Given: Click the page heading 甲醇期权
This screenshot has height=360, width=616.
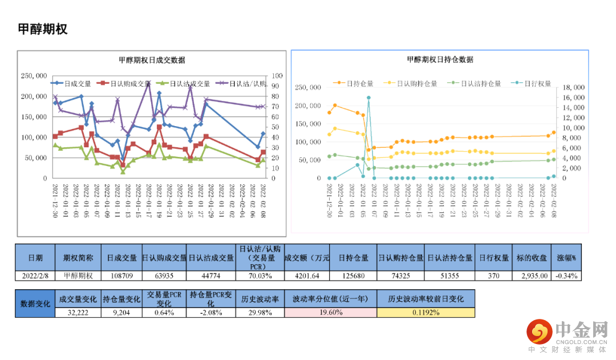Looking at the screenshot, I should [43, 30].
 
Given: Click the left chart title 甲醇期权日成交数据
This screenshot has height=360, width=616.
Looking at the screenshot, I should [152, 60].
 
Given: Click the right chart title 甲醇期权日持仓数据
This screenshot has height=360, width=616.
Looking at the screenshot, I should [440, 59].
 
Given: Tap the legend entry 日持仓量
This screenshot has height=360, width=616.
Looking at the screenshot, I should [354, 83].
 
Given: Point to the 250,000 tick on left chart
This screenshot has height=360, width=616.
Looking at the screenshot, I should [34, 75].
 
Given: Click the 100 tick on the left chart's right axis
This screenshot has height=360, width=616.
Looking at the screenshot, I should [278, 75].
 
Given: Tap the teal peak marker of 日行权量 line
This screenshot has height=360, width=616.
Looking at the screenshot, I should [368, 98].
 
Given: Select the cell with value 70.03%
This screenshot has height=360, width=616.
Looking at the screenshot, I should [259, 276].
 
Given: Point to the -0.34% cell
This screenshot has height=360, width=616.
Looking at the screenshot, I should [566, 276].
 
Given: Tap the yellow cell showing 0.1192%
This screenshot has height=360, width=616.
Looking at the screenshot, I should [425, 313].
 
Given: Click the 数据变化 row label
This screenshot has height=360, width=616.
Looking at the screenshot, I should [35, 304].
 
